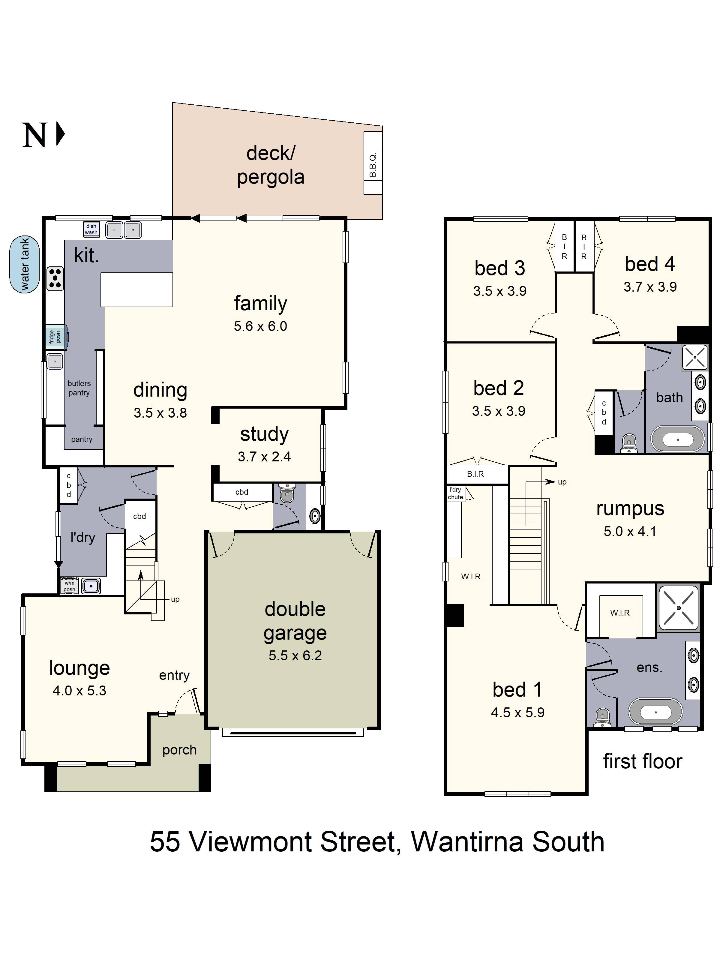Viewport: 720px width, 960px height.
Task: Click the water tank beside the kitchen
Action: coord(24,264)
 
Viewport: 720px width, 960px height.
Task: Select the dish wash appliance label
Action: coord(91,229)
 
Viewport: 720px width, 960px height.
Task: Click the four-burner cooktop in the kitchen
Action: coord(55,278)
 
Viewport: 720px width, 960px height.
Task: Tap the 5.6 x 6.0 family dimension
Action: coord(260,326)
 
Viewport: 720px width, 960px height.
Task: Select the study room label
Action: coord(264,434)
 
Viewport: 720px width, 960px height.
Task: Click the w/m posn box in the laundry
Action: coord(69,586)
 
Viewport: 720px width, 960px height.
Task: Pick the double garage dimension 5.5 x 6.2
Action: coord(295,655)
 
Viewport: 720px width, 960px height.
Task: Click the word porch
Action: coord(179,750)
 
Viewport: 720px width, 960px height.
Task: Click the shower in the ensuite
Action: coord(678,607)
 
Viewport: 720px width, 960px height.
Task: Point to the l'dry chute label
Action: coord(455,493)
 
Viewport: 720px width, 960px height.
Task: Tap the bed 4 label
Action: coord(650,264)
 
